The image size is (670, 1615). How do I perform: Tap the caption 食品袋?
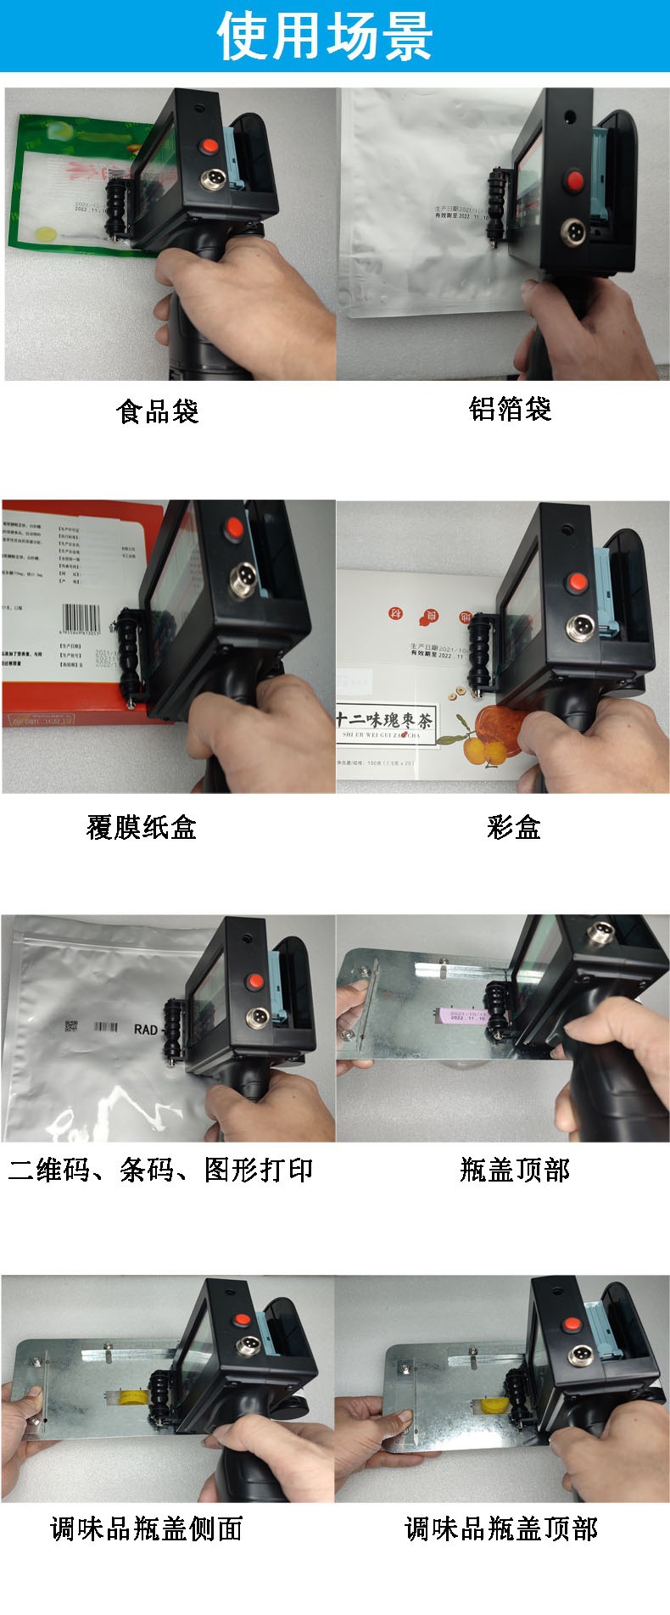(158, 411)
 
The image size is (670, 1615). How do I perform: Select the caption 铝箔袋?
(511, 409)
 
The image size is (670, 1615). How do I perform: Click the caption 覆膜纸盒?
(142, 826)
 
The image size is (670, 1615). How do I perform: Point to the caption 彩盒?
(514, 826)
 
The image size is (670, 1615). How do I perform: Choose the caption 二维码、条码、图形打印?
(161, 1170)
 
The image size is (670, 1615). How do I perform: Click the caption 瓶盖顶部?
(515, 1170)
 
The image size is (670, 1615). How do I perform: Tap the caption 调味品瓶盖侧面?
(147, 1528)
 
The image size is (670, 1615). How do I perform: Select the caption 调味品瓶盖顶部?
(501, 1528)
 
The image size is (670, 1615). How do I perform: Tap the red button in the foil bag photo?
(575, 180)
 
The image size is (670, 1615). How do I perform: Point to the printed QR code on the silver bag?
(71, 1027)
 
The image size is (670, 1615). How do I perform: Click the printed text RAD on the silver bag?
(146, 1029)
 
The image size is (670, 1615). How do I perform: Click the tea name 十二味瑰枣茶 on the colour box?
(384, 720)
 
